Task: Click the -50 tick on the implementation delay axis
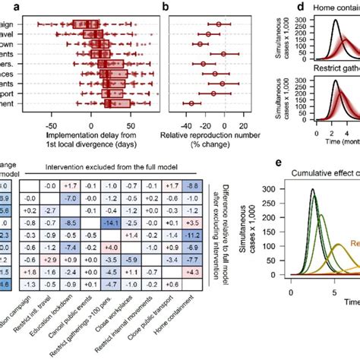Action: pyautogui.click(x=52, y=118)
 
